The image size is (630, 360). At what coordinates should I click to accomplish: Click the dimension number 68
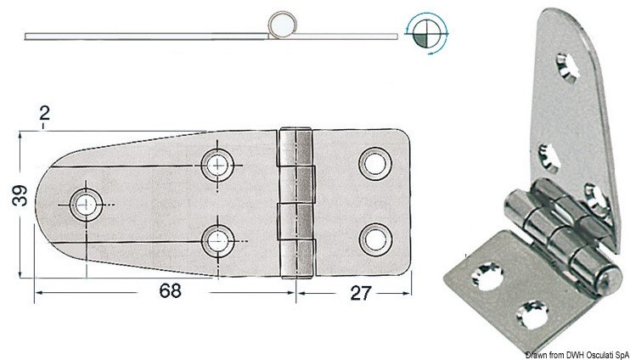point(171,290)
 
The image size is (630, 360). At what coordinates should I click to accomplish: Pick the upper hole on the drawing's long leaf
point(219,163)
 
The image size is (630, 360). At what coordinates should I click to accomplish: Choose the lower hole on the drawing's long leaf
point(219,239)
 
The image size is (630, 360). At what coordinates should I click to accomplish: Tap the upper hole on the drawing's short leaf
point(371,163)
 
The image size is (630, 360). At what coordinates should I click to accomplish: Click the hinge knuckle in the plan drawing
point(296,201)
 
